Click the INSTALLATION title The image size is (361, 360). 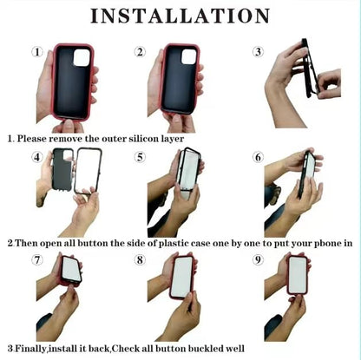click(x=180, y=16)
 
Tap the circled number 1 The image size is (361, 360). click(x=37, y=52)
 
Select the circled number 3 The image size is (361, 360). click(x=258, y=52)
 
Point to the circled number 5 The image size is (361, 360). click(x=140, y=157)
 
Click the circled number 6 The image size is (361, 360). click(x=258, y=157)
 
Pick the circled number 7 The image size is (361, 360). click(x=37, y=259)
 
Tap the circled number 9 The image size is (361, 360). click(x=258, y=259)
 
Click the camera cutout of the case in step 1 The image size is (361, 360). click(x=82, y=57)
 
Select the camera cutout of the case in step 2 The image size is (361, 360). click(x=189, y=56)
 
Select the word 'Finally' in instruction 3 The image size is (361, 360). click(x=30, y=349)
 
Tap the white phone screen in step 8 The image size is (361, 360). click(x=182, y=277)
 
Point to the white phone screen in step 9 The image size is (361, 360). click(x=298, y=274)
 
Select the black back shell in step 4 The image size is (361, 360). click(x=62, y=170)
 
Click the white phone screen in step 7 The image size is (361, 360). click(x=72, y=270)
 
